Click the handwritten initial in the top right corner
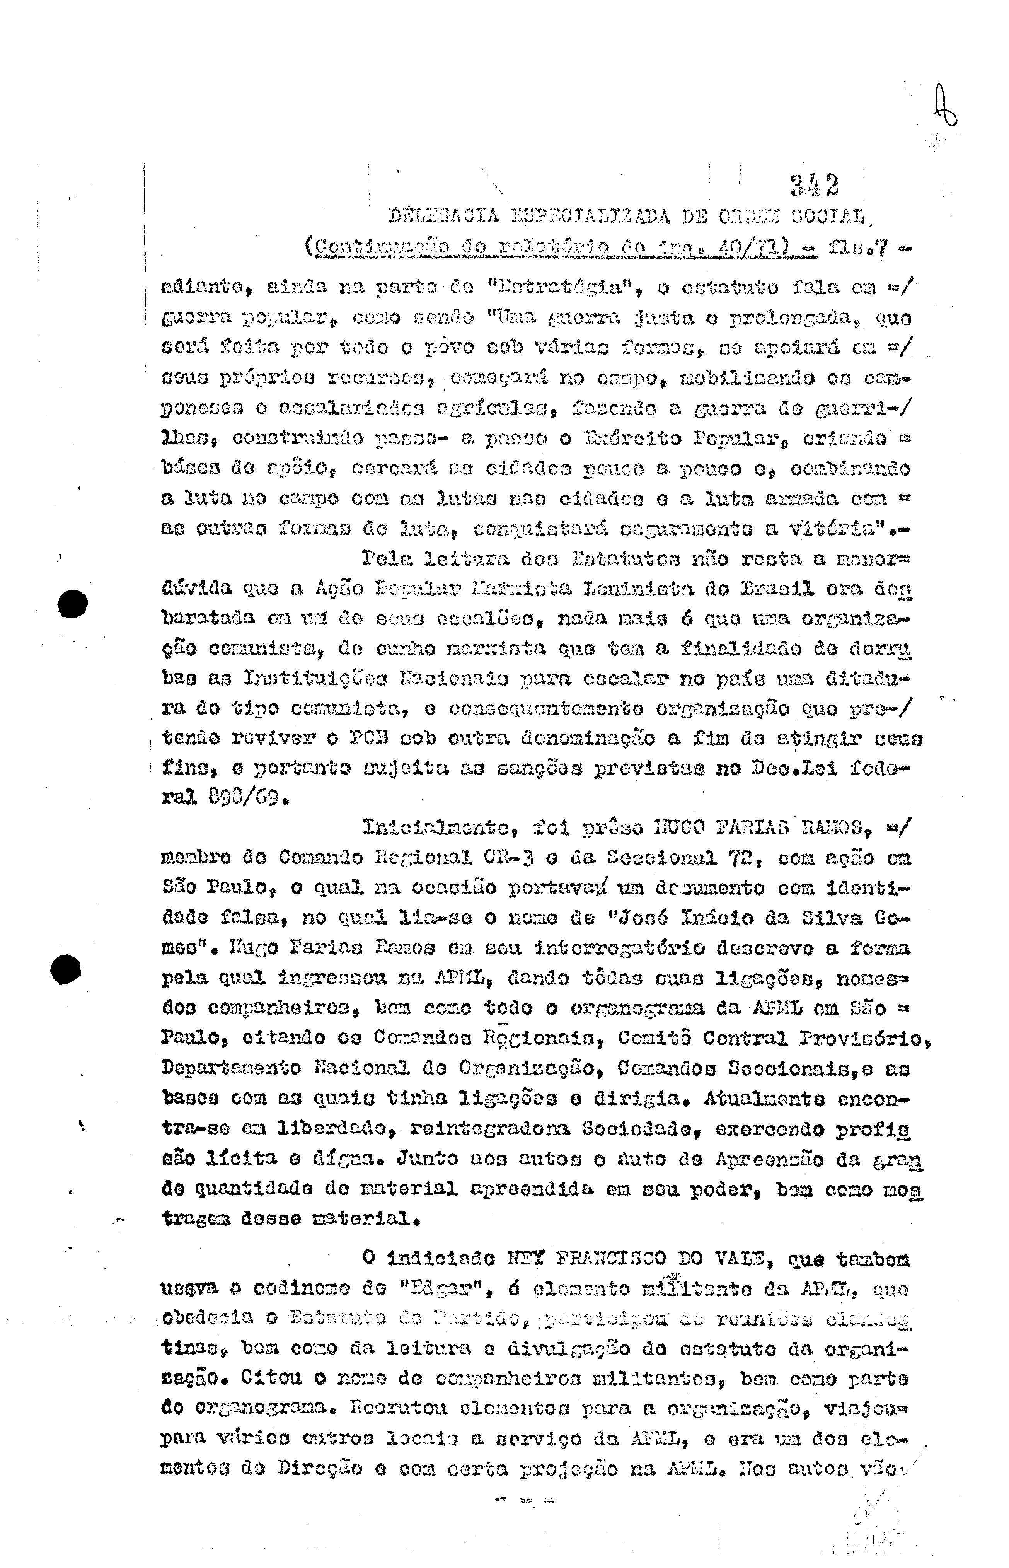(948, 109)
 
